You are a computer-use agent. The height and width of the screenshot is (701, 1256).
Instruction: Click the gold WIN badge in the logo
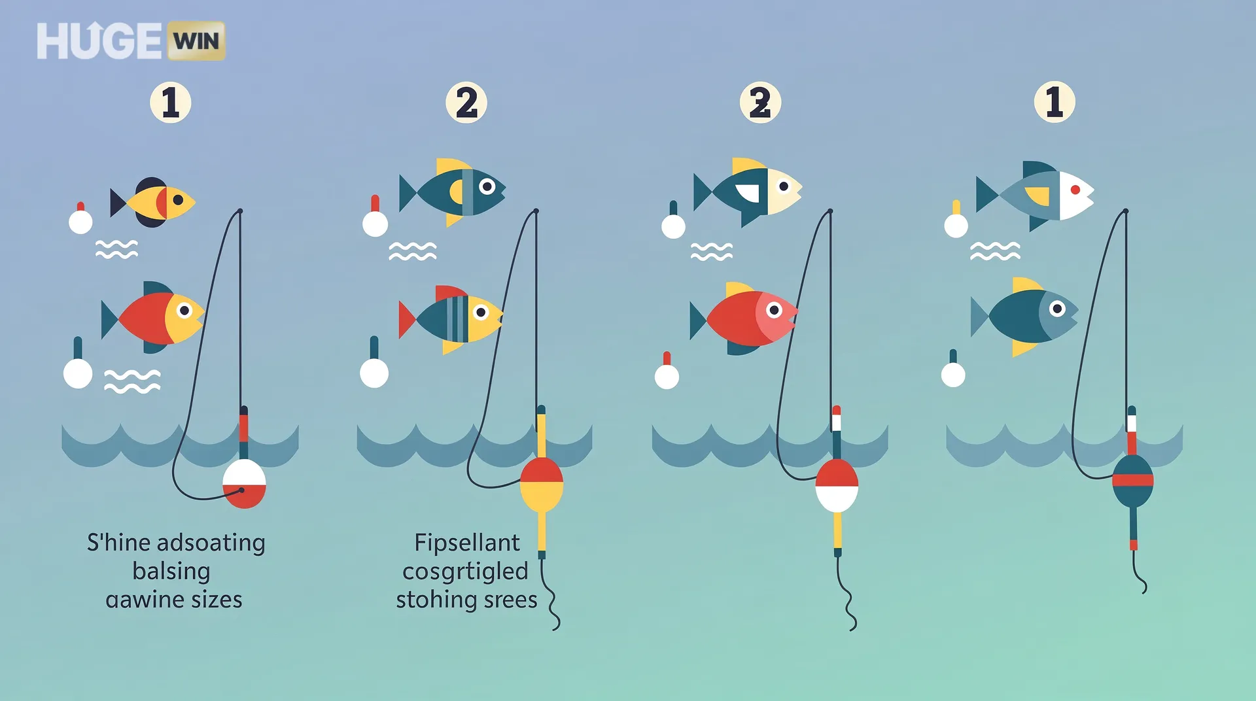coord(196,41)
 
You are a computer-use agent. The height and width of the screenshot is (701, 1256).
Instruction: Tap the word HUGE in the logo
coord(99,41)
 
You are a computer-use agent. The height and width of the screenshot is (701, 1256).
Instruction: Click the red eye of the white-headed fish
coord(1075,190)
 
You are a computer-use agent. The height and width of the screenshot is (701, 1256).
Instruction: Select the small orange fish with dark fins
coord(154,202)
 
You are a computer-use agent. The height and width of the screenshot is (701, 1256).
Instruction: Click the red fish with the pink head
coord(746,318)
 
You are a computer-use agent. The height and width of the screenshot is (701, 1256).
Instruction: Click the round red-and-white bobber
coord(244,484)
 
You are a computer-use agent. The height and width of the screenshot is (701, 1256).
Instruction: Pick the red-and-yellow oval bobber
coord(542,484)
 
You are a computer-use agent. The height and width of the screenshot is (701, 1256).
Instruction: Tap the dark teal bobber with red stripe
coord(1132,481)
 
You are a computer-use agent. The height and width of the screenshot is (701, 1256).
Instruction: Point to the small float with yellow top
coord(956,220)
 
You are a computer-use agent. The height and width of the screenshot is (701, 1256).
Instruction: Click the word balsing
coord(171,571)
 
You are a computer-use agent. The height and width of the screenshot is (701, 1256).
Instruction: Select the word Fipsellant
coord(467,543)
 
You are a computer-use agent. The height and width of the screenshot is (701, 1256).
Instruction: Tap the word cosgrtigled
coord(465,571)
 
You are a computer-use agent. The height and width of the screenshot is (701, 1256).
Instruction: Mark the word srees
coord(510,600)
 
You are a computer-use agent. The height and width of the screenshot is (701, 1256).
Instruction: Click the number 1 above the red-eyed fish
coord(1054,102)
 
